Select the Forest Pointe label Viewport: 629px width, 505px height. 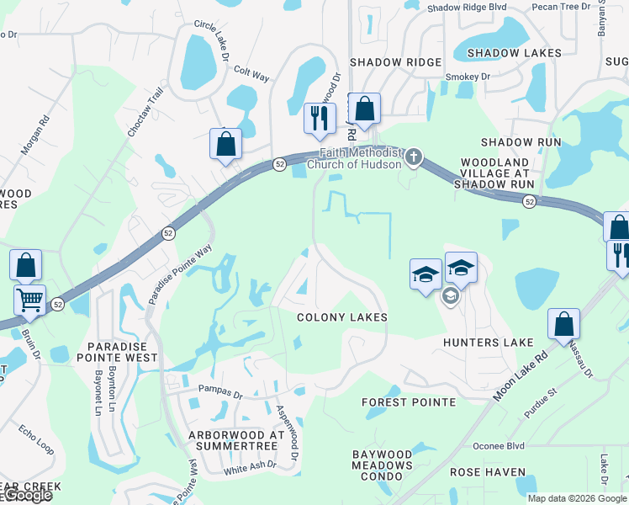coord(409,402)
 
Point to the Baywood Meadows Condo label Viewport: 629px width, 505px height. coord(383,465)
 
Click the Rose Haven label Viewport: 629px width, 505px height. coord(488,473)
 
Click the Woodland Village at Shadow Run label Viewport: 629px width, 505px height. coord(494,173)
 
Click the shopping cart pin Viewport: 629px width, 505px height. coord(30,299)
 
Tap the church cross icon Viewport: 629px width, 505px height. coord(413,157)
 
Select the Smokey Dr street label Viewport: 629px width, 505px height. coord(468,77)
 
